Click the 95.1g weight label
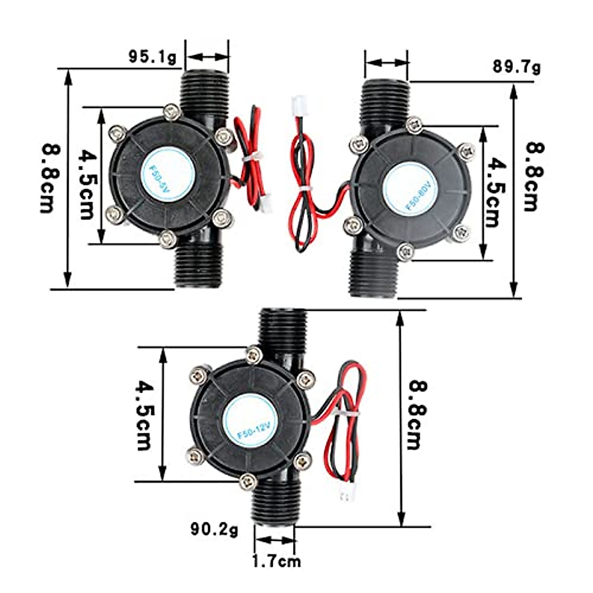click(x=152, y=57)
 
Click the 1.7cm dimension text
click(x=276, y=561)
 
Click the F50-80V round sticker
click(x=411, y=190)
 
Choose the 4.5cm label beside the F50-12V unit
click(x=144, y=415)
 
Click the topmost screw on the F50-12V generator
click(x=254, y=354)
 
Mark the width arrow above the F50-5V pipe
click(x=207, y=57)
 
